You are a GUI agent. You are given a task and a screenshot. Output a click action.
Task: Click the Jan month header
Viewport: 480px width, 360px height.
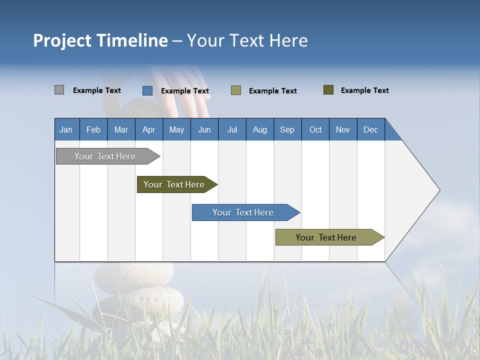tap(66, 129)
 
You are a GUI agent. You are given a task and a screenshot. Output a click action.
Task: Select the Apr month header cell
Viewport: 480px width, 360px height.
tap(148, 129)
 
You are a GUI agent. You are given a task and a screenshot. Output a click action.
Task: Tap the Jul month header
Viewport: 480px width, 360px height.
tap(232, 129)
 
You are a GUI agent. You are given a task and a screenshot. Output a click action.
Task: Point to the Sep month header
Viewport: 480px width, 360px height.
tap(287, 129)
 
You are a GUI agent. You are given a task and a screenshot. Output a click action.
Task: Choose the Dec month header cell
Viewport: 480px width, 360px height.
tap(370, 129)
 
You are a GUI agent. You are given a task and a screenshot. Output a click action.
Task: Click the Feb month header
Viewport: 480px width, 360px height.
tap(93, 129)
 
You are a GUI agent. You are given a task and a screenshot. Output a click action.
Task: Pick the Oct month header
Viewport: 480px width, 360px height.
tap(315, 129)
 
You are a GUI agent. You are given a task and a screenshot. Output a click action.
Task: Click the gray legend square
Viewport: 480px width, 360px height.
tap(59, 90)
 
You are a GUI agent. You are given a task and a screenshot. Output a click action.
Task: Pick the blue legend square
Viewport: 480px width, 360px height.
tap(147, 90)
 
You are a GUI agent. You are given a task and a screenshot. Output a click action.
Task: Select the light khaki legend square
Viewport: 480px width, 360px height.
tap(236, 90)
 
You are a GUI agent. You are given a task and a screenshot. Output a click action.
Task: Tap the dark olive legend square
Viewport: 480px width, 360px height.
tap(328, 90)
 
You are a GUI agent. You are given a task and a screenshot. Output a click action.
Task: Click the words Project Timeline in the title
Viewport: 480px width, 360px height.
tap(100, 40)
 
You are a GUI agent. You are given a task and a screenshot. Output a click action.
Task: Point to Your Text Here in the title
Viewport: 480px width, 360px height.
tap(247, 40)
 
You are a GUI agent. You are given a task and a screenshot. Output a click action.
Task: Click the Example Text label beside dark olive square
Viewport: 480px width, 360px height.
tap(364, 90)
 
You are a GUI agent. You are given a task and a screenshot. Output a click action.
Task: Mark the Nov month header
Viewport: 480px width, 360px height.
tap(343, 129)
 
